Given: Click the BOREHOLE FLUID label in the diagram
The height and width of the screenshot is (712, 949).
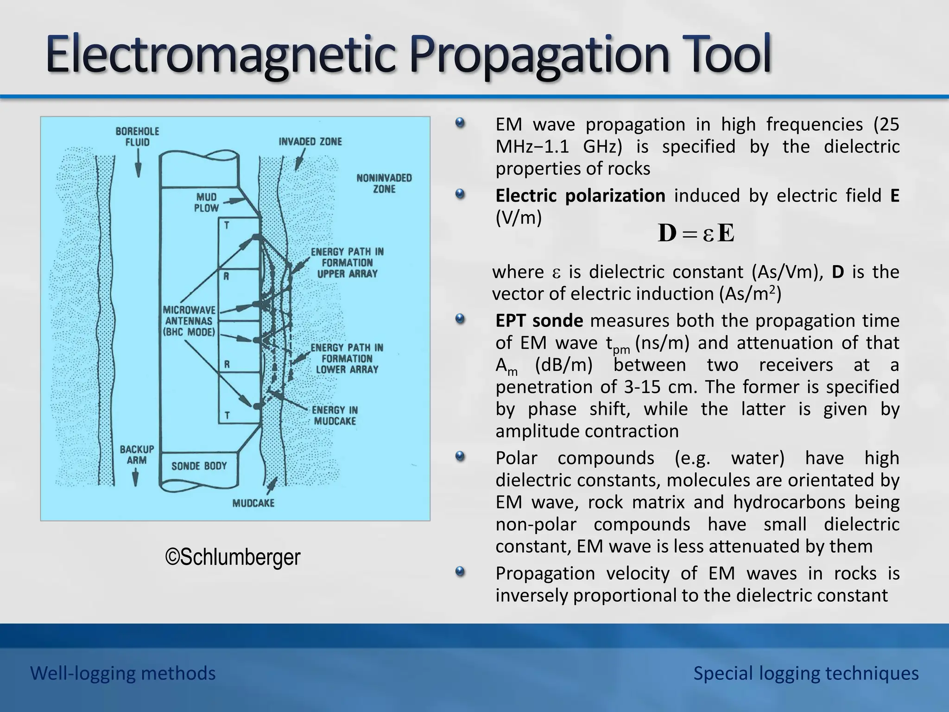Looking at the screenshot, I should [137, 137].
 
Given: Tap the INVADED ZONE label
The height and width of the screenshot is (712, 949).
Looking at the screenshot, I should [310, 141].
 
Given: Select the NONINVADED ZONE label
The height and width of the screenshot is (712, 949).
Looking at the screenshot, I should [384, 184].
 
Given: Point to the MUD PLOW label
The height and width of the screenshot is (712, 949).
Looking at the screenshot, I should [206, 203].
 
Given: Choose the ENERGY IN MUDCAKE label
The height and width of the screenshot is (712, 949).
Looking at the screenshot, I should [335, 415].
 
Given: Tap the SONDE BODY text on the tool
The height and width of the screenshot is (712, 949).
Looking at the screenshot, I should [199, 466].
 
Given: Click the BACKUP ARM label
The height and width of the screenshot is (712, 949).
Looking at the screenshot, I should [137, 455].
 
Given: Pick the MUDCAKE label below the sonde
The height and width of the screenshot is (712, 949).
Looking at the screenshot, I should [253, 503].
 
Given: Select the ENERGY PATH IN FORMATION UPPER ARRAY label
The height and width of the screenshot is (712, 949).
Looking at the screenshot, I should [347, 262].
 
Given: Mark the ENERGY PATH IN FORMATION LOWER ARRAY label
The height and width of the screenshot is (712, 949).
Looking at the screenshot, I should [347, 358].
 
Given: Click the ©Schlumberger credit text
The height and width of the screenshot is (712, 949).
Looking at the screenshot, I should [233, 557].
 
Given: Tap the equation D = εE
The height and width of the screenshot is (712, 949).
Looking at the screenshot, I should [696, 233].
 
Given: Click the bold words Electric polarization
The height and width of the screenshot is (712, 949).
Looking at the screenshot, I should [580, 196].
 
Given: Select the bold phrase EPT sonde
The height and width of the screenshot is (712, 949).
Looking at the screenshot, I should [539, 321].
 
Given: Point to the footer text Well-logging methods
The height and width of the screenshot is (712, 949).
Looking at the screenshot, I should [123, 673].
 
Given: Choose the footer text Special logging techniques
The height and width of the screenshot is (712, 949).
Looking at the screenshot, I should [806, 673].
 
